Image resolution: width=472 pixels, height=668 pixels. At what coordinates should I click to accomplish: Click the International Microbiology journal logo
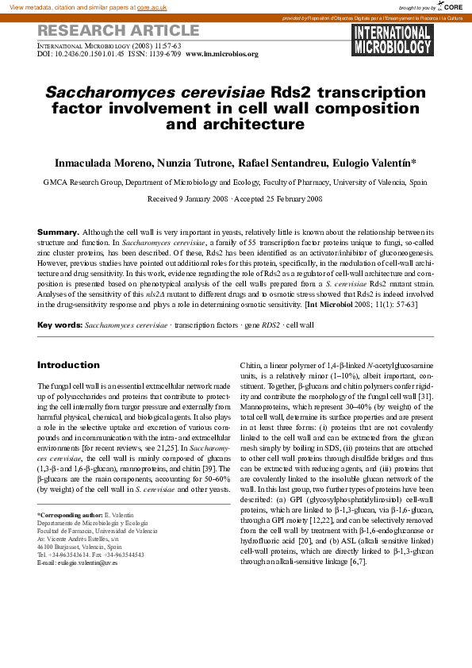[x=391, y=40]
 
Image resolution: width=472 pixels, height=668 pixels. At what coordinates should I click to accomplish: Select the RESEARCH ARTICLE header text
[x=118, y=31]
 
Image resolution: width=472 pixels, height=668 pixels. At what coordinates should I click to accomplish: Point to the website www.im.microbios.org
[x=222, y=54]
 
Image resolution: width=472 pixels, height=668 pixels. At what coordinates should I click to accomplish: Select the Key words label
[x=59, y=325]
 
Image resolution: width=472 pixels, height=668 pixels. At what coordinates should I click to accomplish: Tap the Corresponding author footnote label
[x=70, y=516]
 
